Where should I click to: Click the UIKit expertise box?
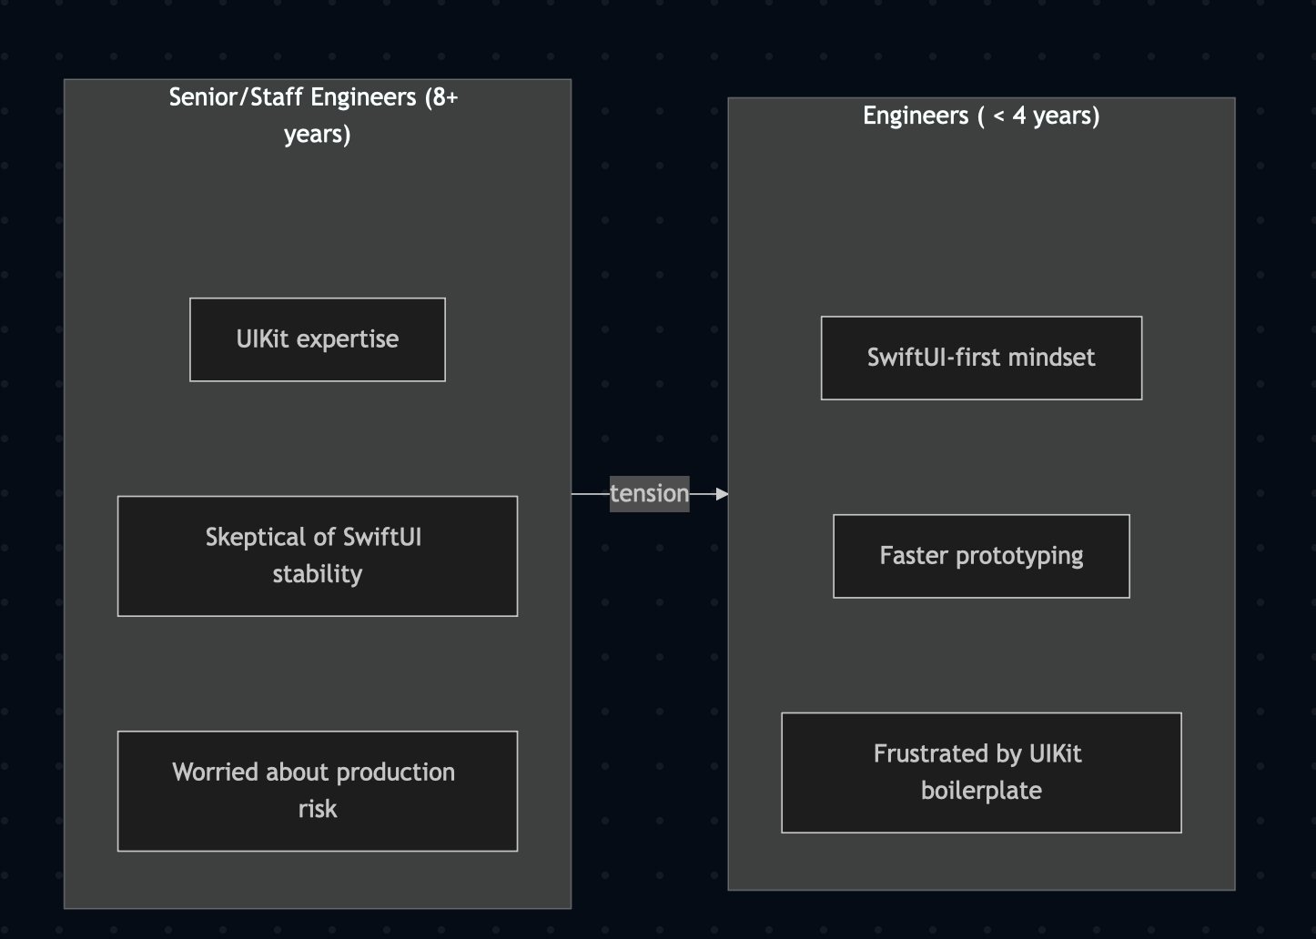coord(317,339)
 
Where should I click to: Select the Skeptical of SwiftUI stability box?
coord(317,556)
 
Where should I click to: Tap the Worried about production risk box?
coord(317,791)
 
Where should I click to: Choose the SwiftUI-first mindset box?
coord(981,358)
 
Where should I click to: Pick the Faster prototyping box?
coord(981,556)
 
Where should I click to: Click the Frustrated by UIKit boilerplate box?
coord(981,772)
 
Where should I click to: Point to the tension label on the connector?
coord(649,494)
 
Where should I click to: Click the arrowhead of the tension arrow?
coord(722,494)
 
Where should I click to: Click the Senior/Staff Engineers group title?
coord(314,115)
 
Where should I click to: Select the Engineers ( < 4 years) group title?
coord(981,116)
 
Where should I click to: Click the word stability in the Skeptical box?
coord(317,574)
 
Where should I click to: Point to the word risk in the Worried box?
coord(317,809)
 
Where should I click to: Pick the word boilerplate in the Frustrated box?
coord(981,791)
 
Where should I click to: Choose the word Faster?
coord(914,556)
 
